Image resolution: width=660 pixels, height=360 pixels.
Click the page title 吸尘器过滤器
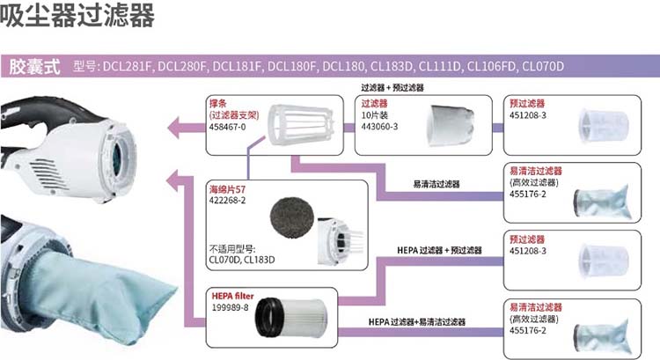click(77, 15)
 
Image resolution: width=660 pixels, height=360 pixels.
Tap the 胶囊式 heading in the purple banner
click(34, 67)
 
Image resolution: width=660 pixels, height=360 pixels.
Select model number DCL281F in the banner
click(126, 67)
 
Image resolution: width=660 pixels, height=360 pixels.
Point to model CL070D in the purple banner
click(543, 67)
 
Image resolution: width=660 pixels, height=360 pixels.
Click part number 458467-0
click(227, 127)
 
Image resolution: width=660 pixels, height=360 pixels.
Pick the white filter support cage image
click(301, 125)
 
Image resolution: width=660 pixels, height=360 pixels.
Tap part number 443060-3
click(379, 127)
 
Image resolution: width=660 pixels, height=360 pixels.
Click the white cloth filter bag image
click(450, 125)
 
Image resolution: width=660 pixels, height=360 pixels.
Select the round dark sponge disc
click(292, 218)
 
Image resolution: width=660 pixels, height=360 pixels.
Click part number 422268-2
click(227, 201)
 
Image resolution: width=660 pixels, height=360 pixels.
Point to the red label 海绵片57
click(227, 189)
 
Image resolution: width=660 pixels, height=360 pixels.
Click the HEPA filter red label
click(232, 296)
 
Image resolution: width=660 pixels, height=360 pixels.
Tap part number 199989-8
click(230, 308)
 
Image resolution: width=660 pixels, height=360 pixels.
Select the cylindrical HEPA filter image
click(291, 318)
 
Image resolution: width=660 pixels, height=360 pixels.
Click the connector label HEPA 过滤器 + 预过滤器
click(439, 250)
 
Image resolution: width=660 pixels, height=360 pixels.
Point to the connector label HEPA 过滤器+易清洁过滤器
click(417, 321)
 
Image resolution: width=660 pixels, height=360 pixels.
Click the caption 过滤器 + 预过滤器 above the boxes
click(392, 87)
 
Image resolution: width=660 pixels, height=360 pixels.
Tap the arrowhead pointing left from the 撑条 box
click(173, 127)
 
